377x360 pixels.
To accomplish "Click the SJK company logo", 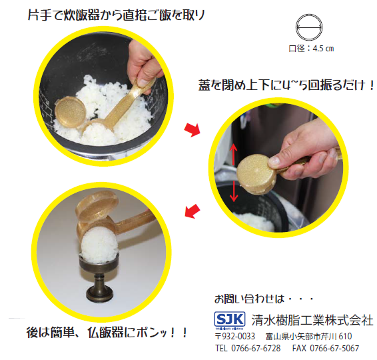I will [228, 318].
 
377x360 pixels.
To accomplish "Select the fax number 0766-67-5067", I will [327, 349].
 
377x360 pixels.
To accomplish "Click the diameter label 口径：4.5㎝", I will [311, 48].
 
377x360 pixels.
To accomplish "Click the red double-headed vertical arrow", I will [234, 175].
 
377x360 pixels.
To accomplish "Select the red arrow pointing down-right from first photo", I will [191, 129].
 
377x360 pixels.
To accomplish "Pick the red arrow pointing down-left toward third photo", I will [191, 211].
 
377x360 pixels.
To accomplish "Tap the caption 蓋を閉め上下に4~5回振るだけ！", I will [286, 85].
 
